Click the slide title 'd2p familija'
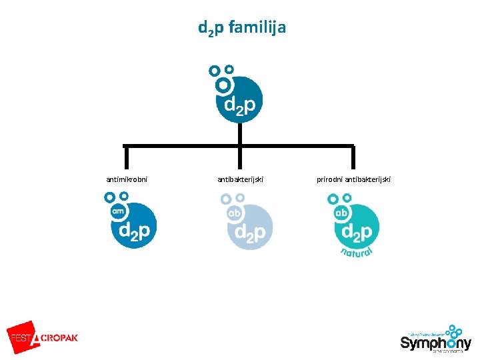(x=241, y=28)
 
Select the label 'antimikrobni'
(x=127, y=179)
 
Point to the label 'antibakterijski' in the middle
(x=241, y=179)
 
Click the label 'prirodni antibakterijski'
(x=355, y=179)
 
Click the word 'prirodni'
(x=331, y=179)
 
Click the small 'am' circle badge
(x=118, y=211)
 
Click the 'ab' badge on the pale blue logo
(x=234, y=213)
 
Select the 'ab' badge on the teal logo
(x=341, y=213)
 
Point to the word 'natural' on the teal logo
(x=356, y=251)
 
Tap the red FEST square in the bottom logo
(x=21, y=337)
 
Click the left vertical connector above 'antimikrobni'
(x=125, y=157)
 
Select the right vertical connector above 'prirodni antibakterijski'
(x=353, y=157)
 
